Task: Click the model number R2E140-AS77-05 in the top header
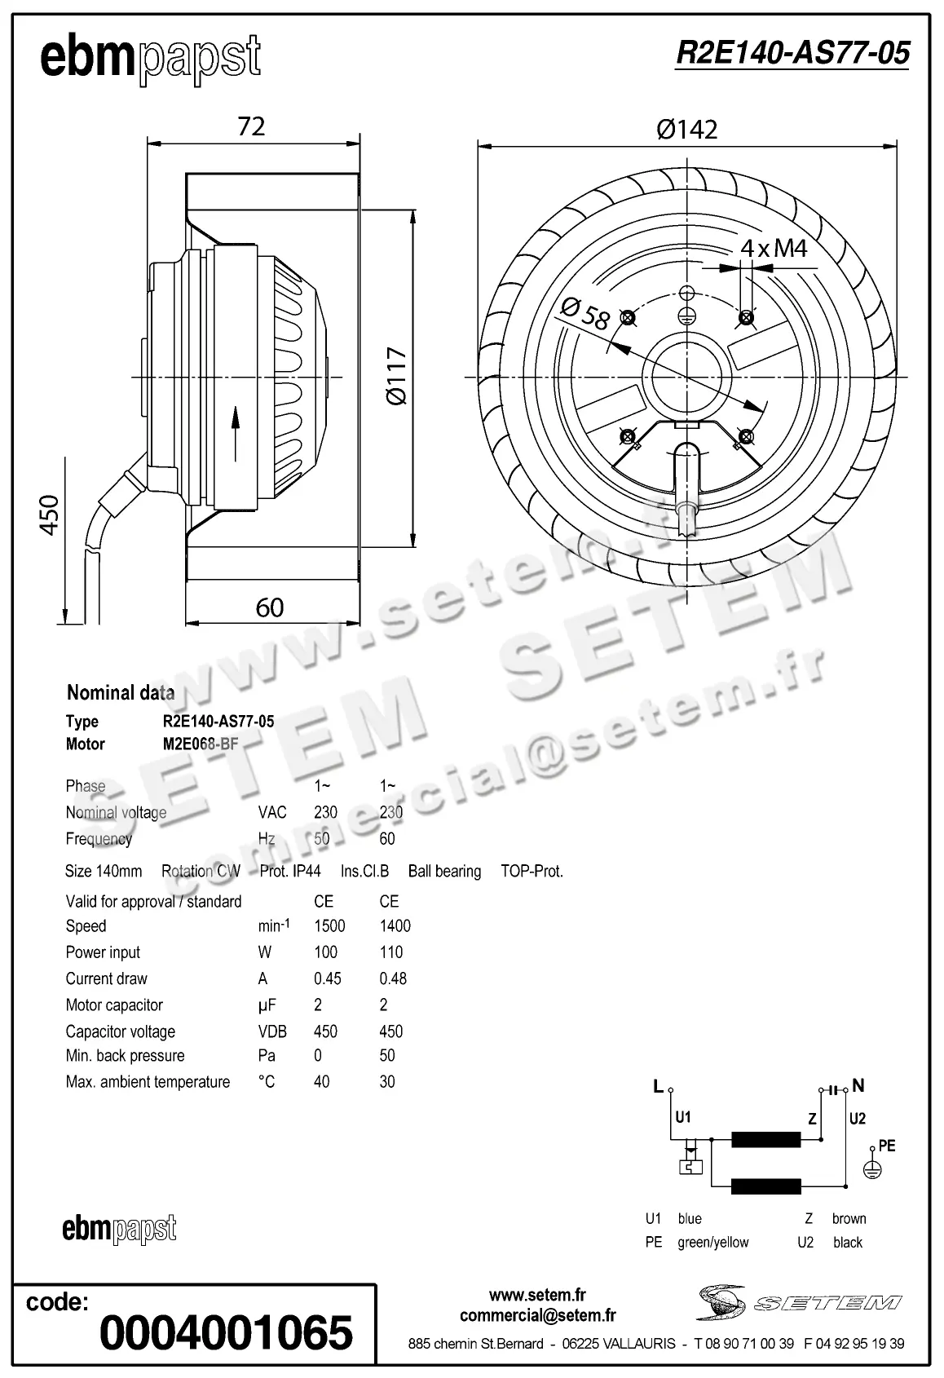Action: pos(792,53)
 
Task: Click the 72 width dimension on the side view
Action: pos(251,126)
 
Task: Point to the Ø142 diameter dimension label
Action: pos(687,130)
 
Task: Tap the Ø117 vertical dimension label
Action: pos(396,375)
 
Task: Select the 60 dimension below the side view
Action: pos(270,607)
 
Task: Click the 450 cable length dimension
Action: pos(50,515)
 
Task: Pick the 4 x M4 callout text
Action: pos(774,248)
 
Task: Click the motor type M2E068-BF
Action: pos(200,744)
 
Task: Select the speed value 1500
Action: pos(329,925)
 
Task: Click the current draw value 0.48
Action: pos(393,978)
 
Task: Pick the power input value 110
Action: pos(391,952)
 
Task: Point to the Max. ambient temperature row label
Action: pos(148,1082)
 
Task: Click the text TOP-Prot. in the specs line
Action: pos(532,871)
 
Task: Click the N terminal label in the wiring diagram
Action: pos(858,1085)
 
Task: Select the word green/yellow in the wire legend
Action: pos(712,1243)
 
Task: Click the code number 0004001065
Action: pos(226,1332)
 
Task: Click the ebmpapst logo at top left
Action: pos(150,58)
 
